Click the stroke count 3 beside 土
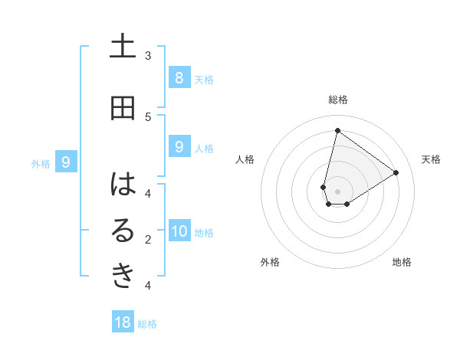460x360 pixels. coord(148,56)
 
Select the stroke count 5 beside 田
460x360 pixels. coord(148,117)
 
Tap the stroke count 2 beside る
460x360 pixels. coord(148,240)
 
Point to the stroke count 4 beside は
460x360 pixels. coord(148,194)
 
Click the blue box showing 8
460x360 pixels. coord(179,77)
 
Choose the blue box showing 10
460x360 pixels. coord(179,231)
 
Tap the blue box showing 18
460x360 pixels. coord(123,322)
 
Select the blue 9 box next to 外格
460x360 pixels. coord(66,162)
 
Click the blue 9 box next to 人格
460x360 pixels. coord(179,147)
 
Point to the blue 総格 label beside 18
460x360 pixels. coord(147,324)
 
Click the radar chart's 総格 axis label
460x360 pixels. coord(338,100)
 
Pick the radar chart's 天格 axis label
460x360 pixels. coord(431,159)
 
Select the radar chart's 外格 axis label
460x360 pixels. coord(270,262)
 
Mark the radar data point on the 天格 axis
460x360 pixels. coord(396,173)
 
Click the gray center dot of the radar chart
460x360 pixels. coord(338,191)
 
